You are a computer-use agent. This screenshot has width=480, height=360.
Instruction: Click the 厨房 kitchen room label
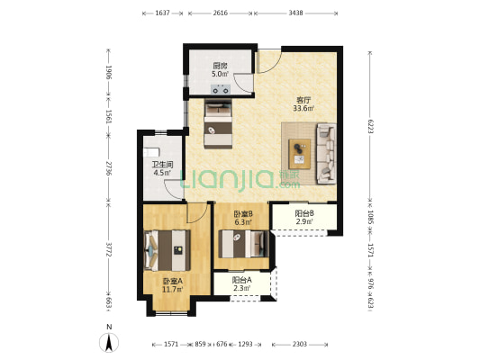(220, 66)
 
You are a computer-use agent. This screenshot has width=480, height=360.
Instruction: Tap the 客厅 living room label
(303, 100)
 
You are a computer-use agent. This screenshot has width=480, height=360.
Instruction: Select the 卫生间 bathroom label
(162, 165)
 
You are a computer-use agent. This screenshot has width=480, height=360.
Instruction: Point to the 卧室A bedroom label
(172, 281)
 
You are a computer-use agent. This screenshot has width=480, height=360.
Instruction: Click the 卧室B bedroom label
(243, 214)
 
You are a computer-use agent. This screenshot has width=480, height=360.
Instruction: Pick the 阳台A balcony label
(242, 280)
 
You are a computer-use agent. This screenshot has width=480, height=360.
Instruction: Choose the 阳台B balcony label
(304, 213)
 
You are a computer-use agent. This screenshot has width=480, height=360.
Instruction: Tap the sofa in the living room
(326, 153)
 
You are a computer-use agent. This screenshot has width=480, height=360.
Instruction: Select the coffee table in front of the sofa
(300, 154)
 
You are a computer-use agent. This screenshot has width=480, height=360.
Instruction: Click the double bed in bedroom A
(168, 250)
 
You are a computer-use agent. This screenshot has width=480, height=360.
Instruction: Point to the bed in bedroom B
(244, 244)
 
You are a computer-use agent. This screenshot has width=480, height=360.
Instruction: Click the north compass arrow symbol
(109, 343)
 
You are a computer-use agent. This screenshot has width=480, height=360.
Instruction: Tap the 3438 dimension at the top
(295, 13)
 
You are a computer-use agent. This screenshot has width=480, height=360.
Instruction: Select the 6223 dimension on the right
(370, 126)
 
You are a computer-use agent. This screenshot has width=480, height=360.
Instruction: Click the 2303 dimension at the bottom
(299, 345)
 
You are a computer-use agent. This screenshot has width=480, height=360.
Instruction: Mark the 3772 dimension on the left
(108, 249)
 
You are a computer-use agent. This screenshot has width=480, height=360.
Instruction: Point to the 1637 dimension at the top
(162, 13)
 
